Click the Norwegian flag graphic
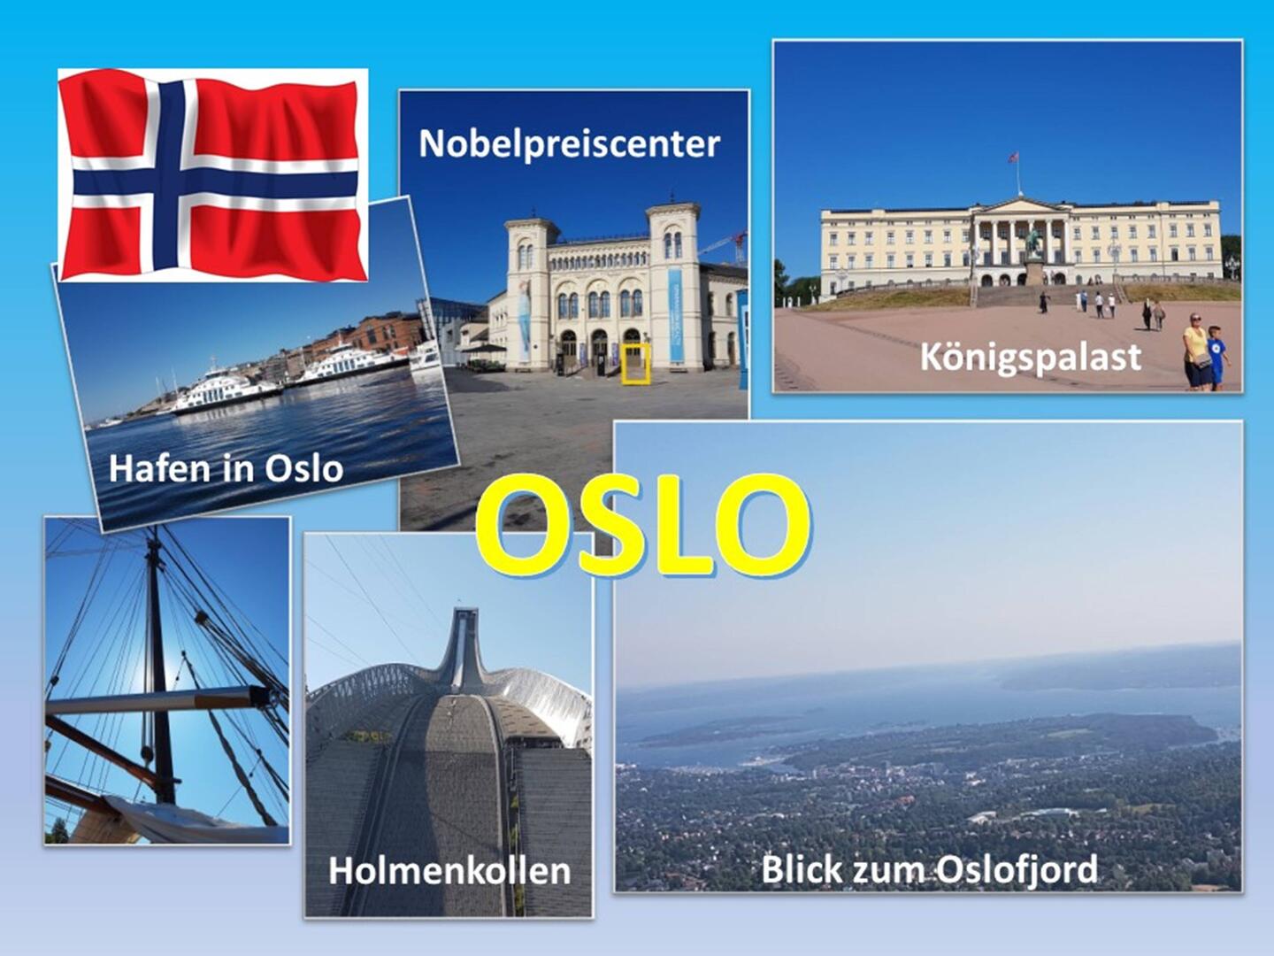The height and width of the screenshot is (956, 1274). point(213,174)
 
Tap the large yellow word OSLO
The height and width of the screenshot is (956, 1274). point(643,525)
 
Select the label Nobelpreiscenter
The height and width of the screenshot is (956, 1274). point(569,143)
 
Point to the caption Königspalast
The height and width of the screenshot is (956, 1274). point(1030,357)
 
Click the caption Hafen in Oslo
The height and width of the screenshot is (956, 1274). point(226,468)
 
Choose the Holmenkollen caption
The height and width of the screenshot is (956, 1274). point(449,871)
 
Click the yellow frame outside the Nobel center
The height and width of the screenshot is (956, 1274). point(635,363)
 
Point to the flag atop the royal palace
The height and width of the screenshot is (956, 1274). point(1014,158)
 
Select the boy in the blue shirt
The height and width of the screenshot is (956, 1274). point(1216,358)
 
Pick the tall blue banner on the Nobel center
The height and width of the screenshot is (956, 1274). point(676,315)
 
